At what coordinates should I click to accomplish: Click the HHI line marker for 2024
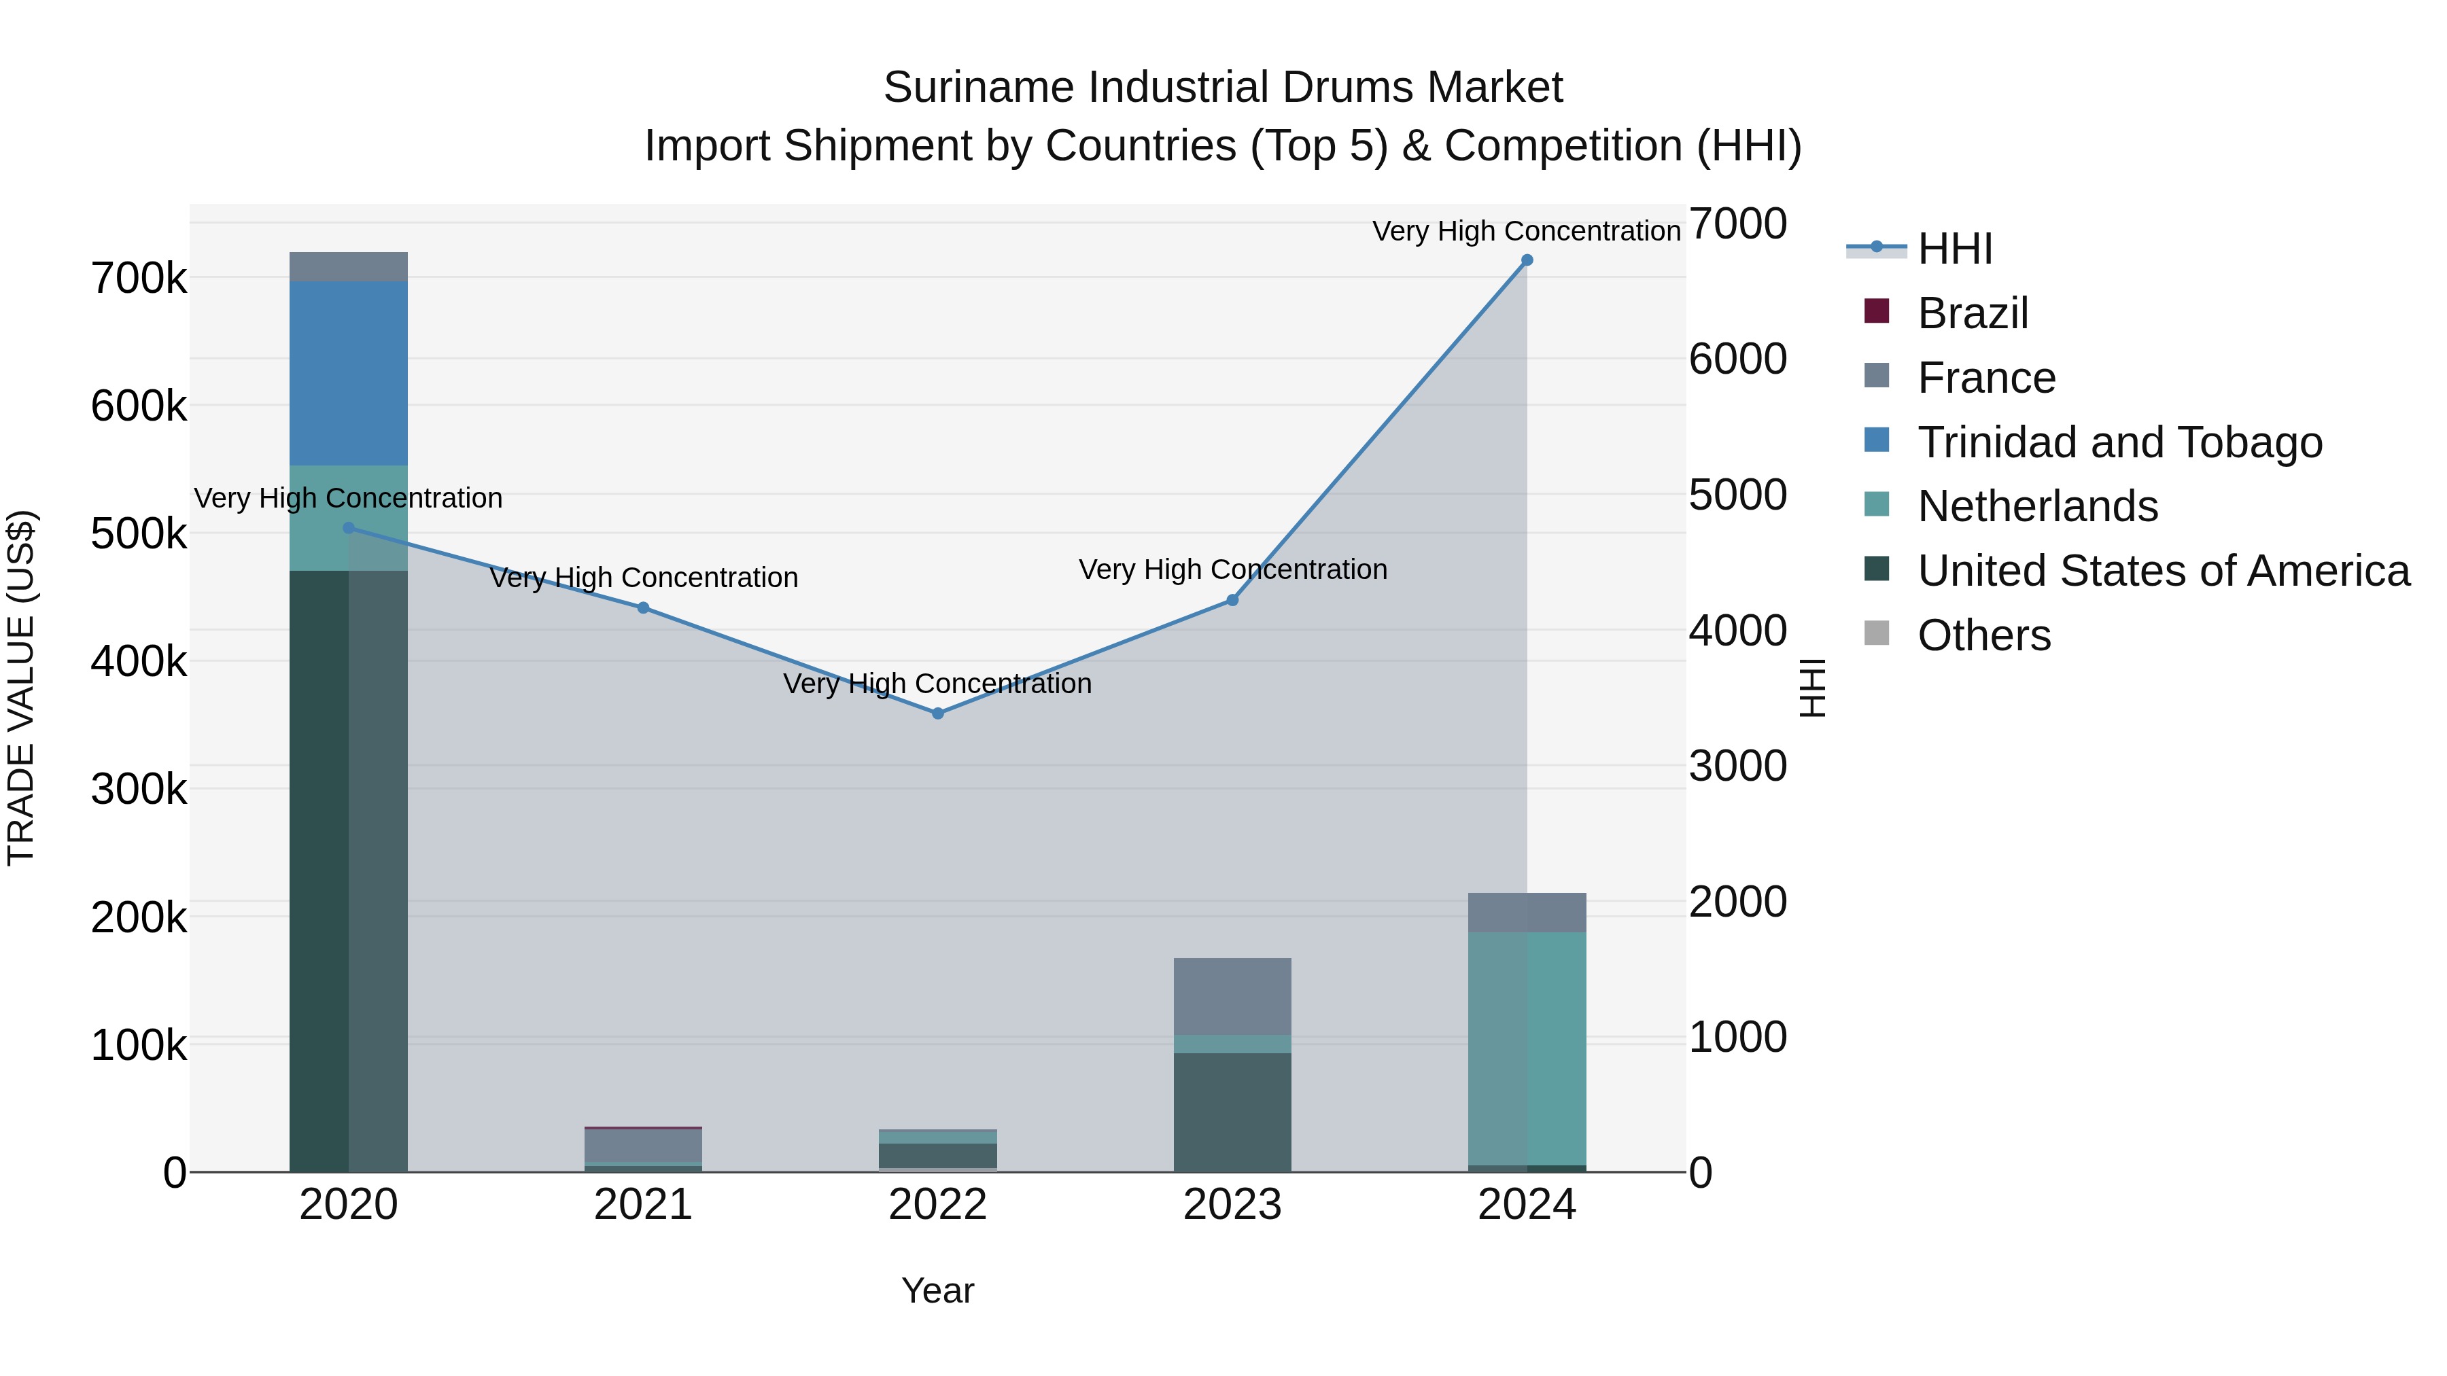[x=1527, y=260]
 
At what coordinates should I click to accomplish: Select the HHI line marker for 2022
[x=937, y=713]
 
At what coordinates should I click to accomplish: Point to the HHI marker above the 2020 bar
[x=349, y=528]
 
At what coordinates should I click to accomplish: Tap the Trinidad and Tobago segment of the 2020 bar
[x=349, y=372]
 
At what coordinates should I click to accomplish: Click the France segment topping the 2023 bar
[x=1232, y=996]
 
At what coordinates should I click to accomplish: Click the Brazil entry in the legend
[x=1972, y=313]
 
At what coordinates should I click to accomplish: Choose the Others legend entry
[x=1983, y=635]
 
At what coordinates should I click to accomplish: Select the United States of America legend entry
[x=2163, y=571]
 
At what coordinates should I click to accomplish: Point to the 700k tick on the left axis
[x=139, y=279]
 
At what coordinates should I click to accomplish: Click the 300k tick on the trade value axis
[x=139, y=789]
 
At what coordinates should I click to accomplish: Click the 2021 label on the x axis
[x=643, y=1205]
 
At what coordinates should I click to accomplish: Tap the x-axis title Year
[x=937, y=1290]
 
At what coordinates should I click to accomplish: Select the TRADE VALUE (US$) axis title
[x=21, y=688]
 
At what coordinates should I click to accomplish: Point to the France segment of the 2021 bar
[x=643, y=1144]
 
